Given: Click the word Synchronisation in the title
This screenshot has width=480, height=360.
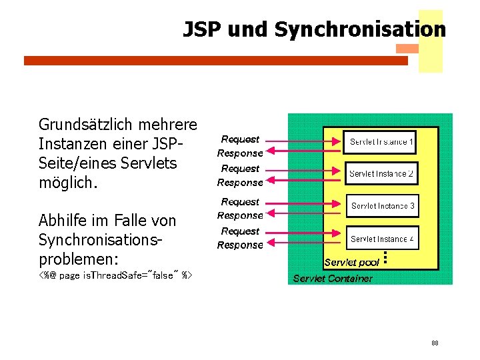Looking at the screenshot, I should coord(360,30).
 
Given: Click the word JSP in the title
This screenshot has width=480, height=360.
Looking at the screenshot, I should coord(203,30).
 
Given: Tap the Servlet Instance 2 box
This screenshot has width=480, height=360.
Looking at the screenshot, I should coord(381,174).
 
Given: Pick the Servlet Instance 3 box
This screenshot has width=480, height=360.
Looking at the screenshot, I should coord(383,206).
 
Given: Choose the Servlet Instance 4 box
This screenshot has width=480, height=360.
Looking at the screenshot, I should coord(383,239).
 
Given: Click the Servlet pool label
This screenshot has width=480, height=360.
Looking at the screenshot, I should coord(351,263).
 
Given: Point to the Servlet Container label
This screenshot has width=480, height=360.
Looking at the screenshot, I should coord(333,279).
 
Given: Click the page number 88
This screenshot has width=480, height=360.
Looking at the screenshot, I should coord(435,343).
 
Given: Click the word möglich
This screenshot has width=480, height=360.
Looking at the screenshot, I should coord(68,182).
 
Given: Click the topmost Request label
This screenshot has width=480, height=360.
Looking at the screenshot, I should coord(240,139).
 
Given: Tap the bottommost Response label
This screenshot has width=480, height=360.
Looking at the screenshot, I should coord(240,245).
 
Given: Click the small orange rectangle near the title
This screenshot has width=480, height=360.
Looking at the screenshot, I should coord(407,49).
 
